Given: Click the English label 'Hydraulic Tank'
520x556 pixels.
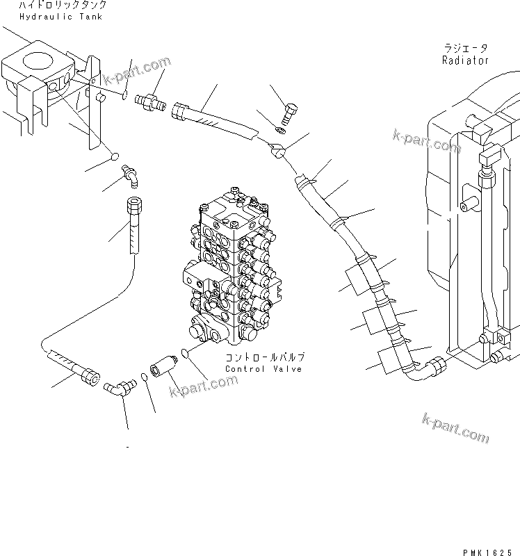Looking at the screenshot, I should click(61, 17).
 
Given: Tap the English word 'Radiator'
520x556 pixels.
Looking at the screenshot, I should click(465, 60).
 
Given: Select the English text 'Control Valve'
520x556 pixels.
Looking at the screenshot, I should click(263, 369).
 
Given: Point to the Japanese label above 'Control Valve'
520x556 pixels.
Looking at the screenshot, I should click(264, 357).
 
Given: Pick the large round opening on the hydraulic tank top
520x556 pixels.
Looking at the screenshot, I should click(40, 63).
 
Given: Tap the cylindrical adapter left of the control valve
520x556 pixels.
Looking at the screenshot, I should click(163, 368).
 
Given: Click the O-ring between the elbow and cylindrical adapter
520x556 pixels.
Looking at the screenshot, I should click(143, 377).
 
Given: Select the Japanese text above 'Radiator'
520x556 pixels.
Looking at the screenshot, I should click(465, 49).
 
